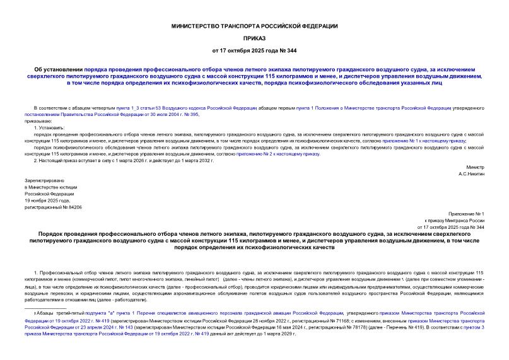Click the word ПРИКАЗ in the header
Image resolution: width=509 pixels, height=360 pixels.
point(255,37)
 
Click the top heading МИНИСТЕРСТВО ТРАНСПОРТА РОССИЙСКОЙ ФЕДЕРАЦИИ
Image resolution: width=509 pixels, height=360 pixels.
point(255,26)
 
